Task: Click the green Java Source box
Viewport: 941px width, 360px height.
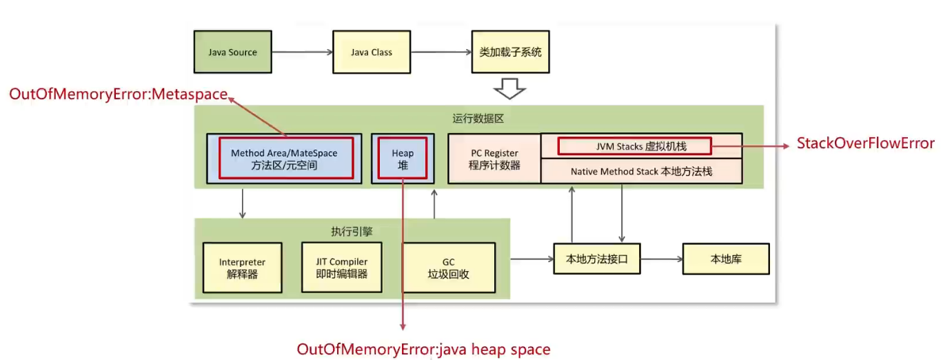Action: click(x=233, y=52)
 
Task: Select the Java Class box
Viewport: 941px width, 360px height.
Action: click(x=372, y=52)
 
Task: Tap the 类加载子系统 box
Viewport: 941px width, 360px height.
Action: click(x=510, y=52)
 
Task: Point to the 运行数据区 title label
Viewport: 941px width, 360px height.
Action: click(x=478, y=119)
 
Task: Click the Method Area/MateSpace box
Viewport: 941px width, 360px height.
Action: click(x=285, y=159)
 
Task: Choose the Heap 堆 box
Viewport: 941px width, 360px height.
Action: click(x=403, y=159)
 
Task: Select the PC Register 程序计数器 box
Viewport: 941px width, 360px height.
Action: click(x=494, y=159)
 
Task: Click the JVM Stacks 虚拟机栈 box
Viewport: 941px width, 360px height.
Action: click(x=642, y=146)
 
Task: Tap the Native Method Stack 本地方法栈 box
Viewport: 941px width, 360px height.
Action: click(x=642, y=172)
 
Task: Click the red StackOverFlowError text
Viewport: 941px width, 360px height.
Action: click(x=866, y=143)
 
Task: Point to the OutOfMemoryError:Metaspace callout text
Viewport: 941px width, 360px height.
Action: click(x=119, y=94)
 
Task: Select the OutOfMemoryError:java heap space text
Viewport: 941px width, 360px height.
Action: click(x=423, y=350)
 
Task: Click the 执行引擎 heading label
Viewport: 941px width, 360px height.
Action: click(x=352, y=232)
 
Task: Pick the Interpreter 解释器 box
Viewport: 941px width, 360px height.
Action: click(x=243, y=268)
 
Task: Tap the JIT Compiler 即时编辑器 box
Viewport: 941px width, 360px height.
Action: click(x=341, y=268)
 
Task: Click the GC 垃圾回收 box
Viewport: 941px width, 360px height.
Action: click(x=449, y=268)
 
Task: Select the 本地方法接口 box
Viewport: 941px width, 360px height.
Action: click(x=597, y=259)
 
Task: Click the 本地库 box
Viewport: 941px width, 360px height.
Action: click(x=726, y=259)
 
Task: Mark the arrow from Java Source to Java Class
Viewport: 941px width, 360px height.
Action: click(x=303, y=52)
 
